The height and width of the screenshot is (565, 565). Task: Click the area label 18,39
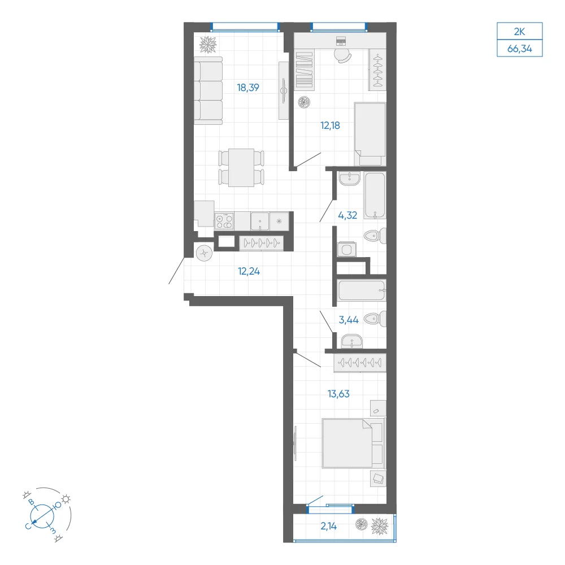pos(248,88)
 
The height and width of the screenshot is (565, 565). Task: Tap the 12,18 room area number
pos(330,126)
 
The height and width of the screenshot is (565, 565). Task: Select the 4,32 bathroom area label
pos(347,215)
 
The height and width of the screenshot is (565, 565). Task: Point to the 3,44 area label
pos(349,320)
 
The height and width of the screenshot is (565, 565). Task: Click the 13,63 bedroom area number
pos(338,394)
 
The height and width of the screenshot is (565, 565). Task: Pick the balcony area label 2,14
pos(329,526)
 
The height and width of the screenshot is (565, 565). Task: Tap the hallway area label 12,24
pos(249,271)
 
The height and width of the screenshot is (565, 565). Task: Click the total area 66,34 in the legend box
pos(520,49)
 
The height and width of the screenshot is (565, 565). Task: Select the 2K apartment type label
pos(520,32)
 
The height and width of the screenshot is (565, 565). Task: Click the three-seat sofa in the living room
pos(208,91)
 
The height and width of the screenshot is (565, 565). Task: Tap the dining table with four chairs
pos(241,168)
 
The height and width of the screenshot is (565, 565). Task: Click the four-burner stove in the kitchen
pos(224,221)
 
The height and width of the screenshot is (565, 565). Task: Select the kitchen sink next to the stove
pos(260,221)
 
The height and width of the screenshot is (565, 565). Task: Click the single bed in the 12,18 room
pos(370,134)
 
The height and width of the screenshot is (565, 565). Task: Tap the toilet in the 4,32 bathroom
pos(375,236)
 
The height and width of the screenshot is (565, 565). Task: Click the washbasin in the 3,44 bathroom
pos(351,341)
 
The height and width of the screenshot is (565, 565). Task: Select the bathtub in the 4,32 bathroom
pos(375,195)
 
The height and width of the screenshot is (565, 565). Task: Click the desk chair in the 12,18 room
pos(343,56)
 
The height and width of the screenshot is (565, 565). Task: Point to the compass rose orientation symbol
pos(42,515)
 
